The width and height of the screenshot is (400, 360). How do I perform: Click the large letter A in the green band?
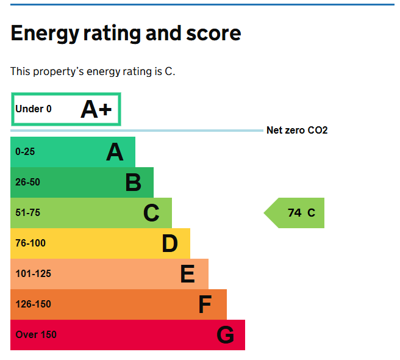tap(115, 152)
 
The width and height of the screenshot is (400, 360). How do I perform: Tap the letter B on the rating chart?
tap(133, 182)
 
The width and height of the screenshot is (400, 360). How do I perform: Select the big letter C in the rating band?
tap(151, 213)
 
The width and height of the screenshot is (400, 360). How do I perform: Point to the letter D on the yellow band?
tap(170, 243)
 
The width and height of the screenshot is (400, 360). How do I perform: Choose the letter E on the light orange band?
tap(187, 274)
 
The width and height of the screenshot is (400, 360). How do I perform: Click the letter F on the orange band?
tap(205, 304)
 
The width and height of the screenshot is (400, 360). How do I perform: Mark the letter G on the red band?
tap(225, 335)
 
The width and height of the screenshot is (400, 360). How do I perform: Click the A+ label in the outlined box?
tap(96, 109)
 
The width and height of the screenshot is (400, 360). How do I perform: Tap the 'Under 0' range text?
tap(34, 109)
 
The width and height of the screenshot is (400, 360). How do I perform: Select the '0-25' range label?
tap(25, 152)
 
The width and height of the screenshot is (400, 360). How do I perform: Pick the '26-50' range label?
tap(27, 182)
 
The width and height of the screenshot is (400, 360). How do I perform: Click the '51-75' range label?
tap(27, 213)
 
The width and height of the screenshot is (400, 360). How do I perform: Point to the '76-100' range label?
tap(30, 243)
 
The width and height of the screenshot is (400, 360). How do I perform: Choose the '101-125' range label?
tap(33, 274)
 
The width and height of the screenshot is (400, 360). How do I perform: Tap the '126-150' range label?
tap(33, 304)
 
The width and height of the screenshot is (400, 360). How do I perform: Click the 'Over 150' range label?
tap(36, 335)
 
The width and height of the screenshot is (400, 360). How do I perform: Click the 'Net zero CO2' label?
tap(297, 131)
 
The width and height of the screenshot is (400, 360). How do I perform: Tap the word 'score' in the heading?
tap(211, 33)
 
